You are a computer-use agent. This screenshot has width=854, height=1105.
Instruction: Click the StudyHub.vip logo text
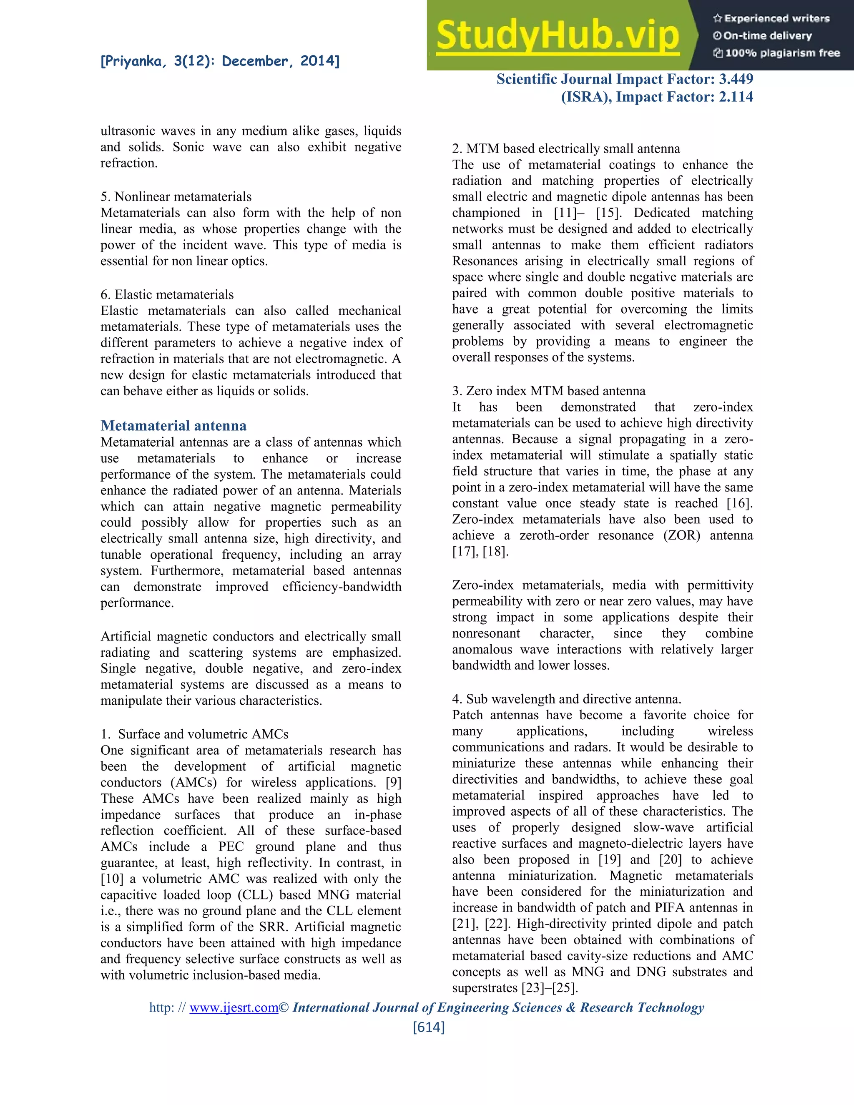pos(557,35)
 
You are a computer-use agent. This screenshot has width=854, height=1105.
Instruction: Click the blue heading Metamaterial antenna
pos(173,425)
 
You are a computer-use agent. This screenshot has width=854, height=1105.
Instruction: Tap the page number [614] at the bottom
pos(429,1027)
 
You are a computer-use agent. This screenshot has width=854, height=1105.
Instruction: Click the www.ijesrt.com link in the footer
pos(234,1007)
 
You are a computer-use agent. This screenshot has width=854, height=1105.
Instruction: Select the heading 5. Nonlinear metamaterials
pos(176,196)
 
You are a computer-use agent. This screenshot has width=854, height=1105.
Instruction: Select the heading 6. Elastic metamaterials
pos(167,294)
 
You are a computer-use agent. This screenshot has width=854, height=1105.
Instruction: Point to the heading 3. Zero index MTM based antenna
pos(548,391)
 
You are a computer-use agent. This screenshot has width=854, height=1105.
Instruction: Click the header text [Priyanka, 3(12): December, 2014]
pos(220,61)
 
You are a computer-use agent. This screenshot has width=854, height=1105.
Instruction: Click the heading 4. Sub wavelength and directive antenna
pos(566,699)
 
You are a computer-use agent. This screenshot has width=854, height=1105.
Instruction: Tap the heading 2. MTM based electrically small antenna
pos(565,148)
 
